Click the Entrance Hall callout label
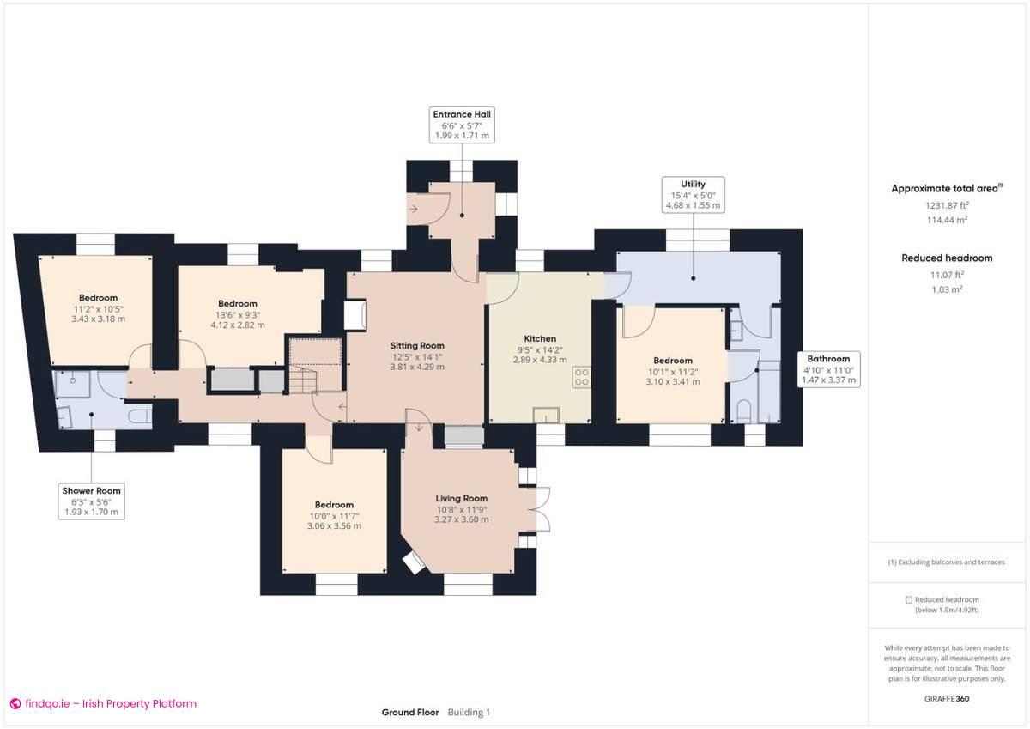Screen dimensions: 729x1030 point(463,125)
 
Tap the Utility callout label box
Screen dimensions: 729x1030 point(693,195)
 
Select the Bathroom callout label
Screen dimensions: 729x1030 point(827,369)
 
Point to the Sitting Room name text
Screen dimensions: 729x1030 point(417,345)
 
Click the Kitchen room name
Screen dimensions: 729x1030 point(540,338)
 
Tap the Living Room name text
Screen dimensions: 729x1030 point(461,498)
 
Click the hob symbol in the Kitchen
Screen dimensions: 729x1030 point(581,376)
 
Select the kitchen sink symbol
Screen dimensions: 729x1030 point(545,416)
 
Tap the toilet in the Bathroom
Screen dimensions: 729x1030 point(743,410)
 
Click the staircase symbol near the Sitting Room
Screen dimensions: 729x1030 point(300,378)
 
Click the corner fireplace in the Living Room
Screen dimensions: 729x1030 point(414,562)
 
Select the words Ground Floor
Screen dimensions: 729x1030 point(410,712)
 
